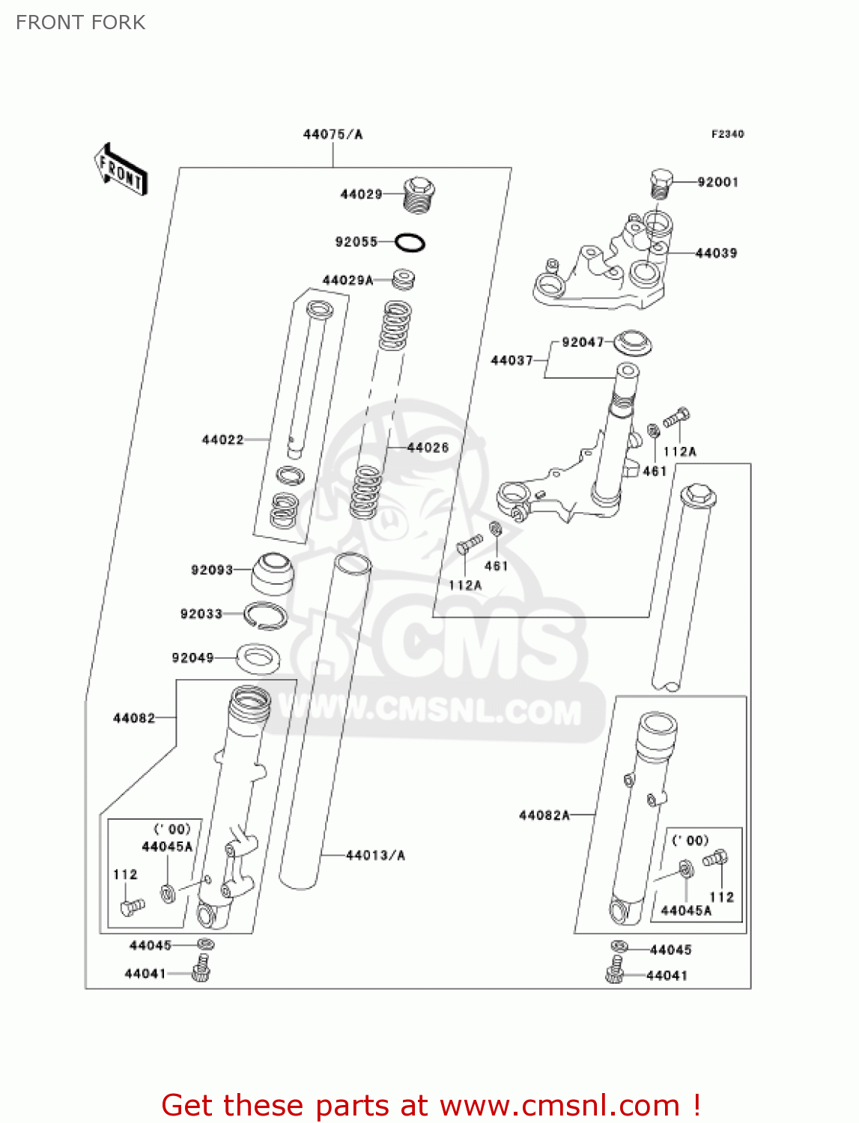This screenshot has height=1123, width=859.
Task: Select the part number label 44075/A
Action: pyautogui.click(x=333, y=135)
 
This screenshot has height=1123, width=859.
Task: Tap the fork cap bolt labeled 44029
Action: pyautogui.click(x=419, y=194)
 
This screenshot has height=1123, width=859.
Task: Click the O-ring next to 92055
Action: pyautogui.click(x=410, y=243)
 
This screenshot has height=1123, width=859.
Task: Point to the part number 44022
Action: pyautogui.click(x=222, y=439)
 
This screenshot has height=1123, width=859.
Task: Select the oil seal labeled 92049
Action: pyautogui.click(x=258, y=658)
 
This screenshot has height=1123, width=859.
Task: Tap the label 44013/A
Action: pyautogui.click(x=375, y=855)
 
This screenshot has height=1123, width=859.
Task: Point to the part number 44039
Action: pyautogui.click(x=716, y=253)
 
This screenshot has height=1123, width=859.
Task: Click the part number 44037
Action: pyautogui.click(x=512, y=360)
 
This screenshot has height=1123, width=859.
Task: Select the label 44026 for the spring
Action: pyautogui.click(x=428, y=448)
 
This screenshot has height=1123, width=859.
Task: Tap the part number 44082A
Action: pyautogui.click(x=544, y=815)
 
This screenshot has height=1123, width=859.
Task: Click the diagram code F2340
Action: pyautogui.click(x=727, y=134)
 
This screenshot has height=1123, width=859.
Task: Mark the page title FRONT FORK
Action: pyautogui.click(x=81, y=22)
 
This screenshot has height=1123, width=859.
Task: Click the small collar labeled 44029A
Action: pyautogui.click(x=404, y=279)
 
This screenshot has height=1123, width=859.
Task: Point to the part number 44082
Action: pyautogui.click(x=134, y=718)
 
